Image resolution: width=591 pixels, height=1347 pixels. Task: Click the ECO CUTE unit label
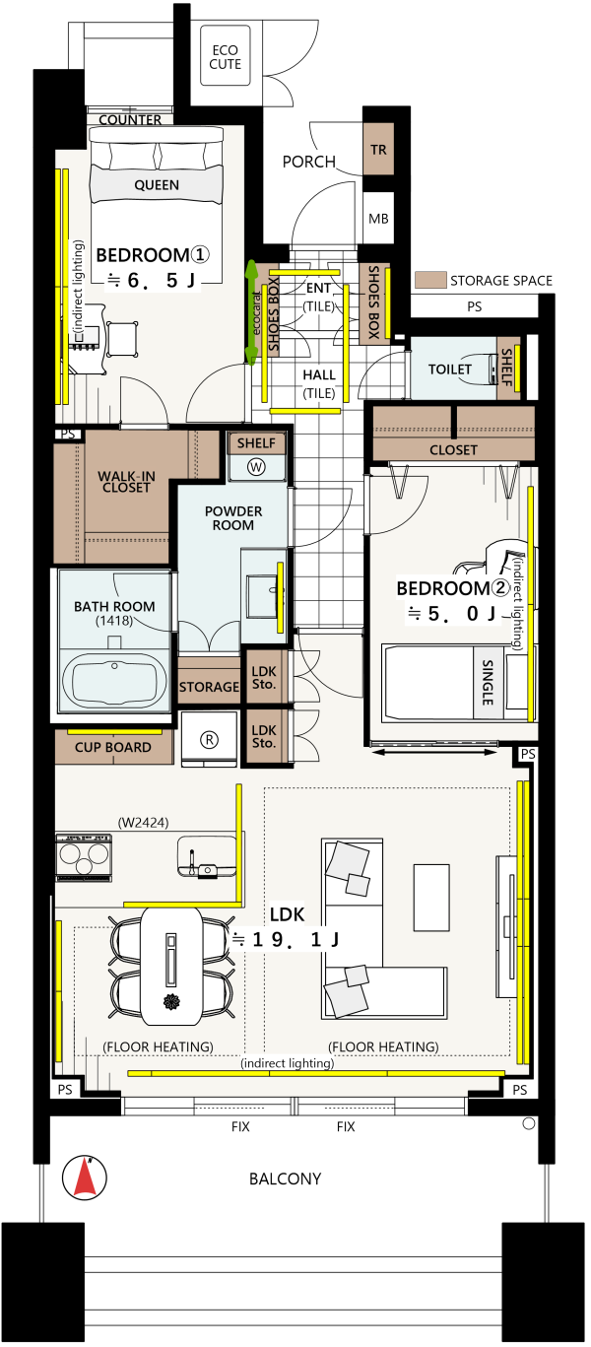pos(225,57)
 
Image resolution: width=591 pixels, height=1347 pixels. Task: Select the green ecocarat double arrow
pos(252,312)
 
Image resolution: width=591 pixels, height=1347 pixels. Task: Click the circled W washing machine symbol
pos(257,467)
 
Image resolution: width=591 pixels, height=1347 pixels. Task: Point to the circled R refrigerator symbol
pos(209,740)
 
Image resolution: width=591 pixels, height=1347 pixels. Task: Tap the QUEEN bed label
pos(157,185)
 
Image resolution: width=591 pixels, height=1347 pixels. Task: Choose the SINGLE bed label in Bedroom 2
pos(488,683)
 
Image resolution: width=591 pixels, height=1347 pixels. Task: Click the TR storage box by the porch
pos(379,149)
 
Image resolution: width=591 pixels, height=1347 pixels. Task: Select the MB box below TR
pos(379,219)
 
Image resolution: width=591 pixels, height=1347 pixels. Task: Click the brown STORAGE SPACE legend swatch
pos(430,280)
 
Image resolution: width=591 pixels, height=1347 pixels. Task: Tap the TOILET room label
pos(450,370)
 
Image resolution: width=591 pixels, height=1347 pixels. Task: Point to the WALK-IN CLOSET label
pos(126,482)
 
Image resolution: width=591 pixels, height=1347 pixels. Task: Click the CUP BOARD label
pos(113,748)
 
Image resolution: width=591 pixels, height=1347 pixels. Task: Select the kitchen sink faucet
pos(192,860)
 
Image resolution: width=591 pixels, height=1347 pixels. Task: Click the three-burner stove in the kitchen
pos(84,857)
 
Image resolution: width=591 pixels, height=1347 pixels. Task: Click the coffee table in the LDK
pos(431,898)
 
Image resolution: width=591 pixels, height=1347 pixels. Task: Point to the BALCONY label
pos(285,1179)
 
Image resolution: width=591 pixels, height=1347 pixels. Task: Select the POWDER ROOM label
pos(233,518)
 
